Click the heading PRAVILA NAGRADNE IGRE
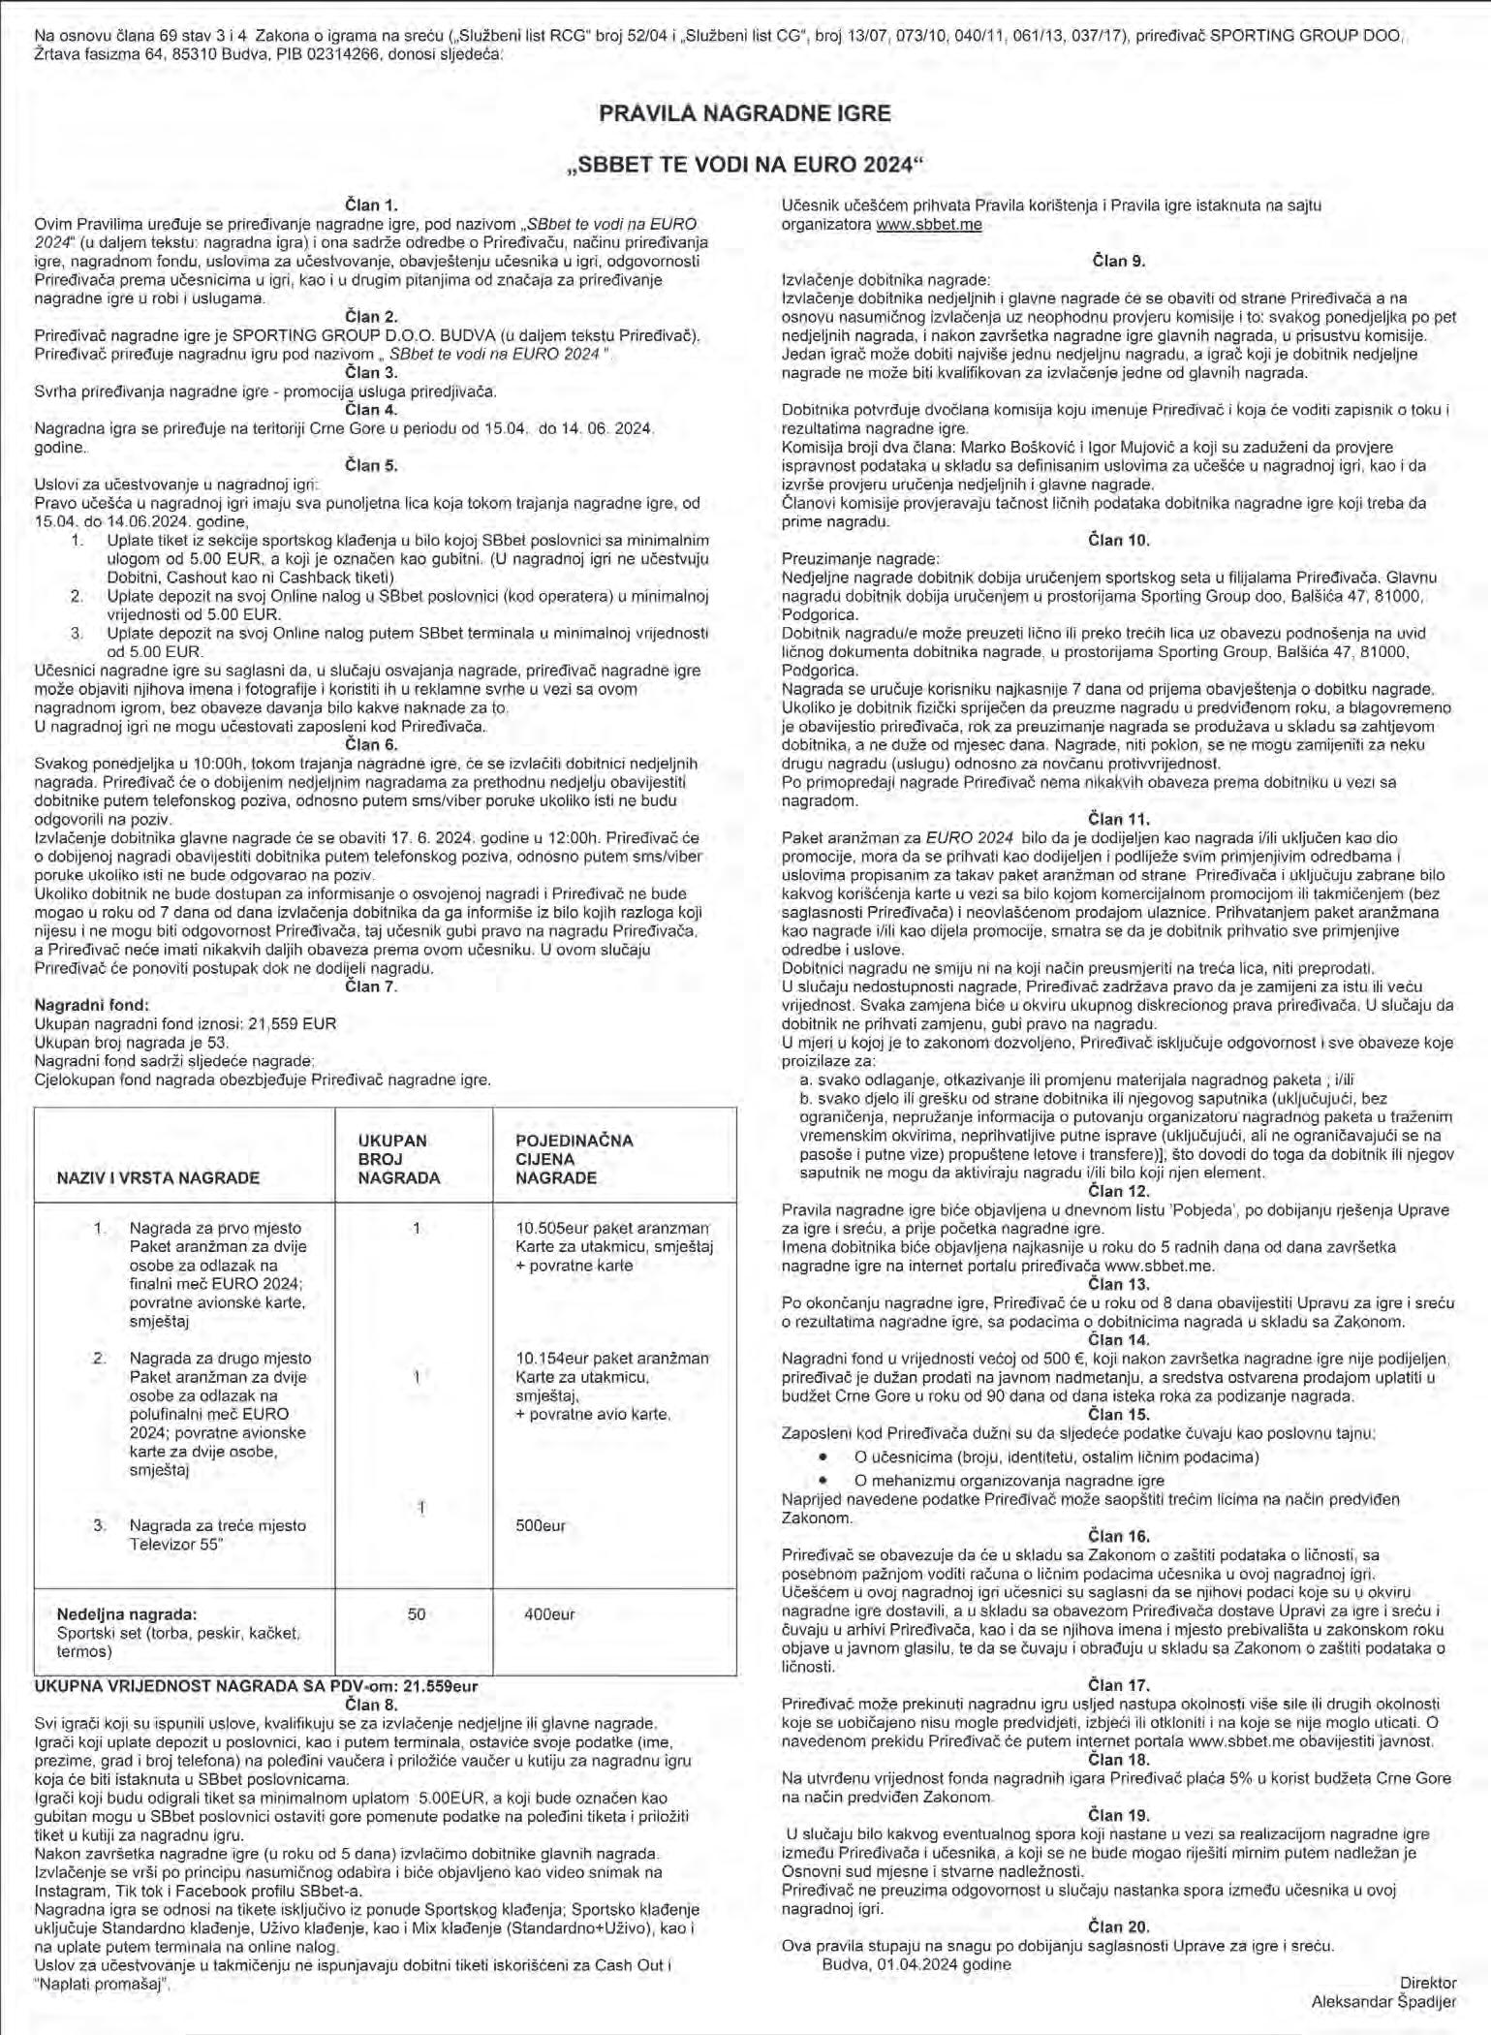(x=744, y=113)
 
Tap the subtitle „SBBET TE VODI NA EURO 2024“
(x=744, y=165)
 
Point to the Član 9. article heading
(x=1118, y=261)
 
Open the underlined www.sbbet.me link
(x=928, y=224)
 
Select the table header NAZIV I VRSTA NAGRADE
(x=158, y=1178)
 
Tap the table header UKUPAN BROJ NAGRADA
(x=398, y=1159)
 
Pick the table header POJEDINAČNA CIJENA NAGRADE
(x=574, y=1159)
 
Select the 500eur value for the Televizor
(x=541, y=1525)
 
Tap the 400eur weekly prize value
(x=549, y=1614)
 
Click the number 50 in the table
(x=417, y=1614)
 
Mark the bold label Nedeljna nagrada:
(x=127, y=1614)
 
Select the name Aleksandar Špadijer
(x=1382, y=2000)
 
